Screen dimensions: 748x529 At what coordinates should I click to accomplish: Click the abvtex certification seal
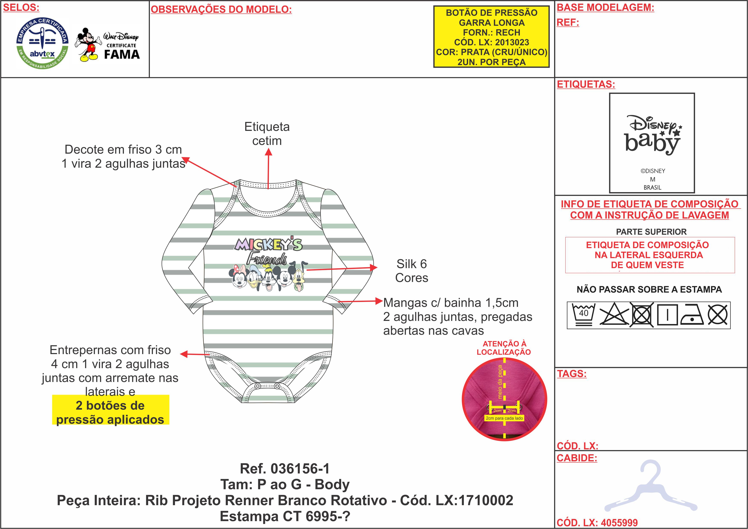coord(42,43)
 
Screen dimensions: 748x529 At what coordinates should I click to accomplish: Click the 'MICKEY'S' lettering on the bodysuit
coord(268,244)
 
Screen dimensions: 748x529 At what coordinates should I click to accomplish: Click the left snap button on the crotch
coord(258,386)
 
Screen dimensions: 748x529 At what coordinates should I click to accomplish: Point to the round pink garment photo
coord(504,399)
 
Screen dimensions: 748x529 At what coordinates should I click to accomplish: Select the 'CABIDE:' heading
coord(577,458)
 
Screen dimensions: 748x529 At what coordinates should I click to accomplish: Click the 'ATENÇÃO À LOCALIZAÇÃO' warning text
coord(504,348)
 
